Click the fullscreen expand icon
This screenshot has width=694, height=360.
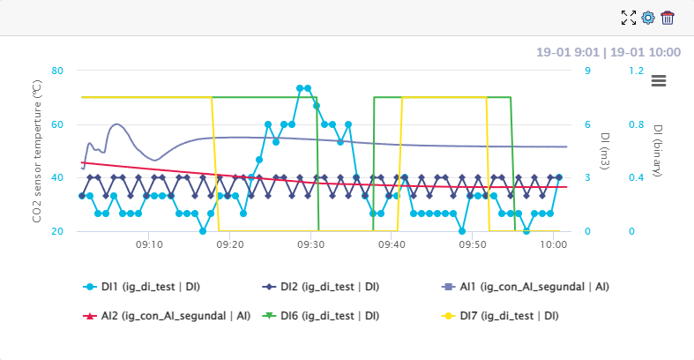(x=629, y=18)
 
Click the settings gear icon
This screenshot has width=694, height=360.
(x=648, y=18)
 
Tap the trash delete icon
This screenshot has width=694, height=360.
(x=668, y=18)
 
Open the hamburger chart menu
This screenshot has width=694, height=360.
(x=659, y=80)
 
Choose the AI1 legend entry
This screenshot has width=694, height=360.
(x=526, y=287)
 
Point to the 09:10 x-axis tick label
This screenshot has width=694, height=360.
(x=148, y=244)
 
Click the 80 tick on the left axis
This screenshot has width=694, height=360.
(x=57, y=71)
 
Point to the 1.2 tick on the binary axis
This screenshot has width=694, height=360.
(x=636, y=71)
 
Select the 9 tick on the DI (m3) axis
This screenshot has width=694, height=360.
(x=588, y=71)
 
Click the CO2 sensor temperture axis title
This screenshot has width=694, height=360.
(x=37, y=150)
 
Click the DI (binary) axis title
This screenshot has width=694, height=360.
(x=658, y=150)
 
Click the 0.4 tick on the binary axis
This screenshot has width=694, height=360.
(x=636, y=177)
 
